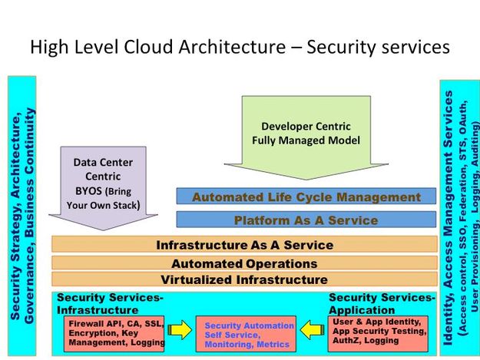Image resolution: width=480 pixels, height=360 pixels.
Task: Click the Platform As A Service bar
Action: coord(306,220)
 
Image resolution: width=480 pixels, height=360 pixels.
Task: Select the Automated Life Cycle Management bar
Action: coord(306,197)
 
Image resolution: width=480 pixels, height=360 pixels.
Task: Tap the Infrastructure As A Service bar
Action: coord(244,245)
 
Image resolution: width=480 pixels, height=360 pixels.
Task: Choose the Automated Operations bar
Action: coord(244,263)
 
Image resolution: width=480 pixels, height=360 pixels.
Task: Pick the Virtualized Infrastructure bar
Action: coord(244,279)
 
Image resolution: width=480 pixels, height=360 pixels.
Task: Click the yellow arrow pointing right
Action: coord(180,332)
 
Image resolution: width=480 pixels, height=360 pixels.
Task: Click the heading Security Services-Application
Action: coord(381,302)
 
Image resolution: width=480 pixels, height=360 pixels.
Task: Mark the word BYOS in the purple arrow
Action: coord(88,191)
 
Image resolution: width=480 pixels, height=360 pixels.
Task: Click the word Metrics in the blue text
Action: coord(273,345)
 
